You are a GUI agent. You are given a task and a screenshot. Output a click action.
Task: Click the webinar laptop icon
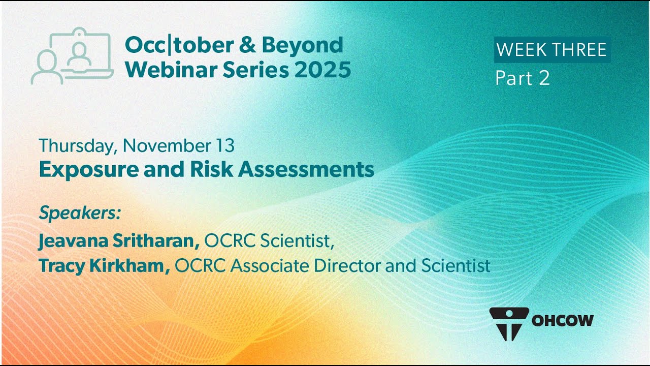point(72,56)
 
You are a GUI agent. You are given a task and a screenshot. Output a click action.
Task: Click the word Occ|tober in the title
point(179,45)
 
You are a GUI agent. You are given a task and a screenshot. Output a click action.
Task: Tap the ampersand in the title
point(247,45)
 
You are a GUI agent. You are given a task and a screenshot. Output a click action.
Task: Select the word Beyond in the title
point(303,45)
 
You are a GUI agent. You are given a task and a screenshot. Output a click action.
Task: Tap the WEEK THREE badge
point(552,50)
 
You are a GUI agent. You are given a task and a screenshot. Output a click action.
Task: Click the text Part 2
point(523,78)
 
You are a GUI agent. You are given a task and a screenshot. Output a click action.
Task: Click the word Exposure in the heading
point(89,170)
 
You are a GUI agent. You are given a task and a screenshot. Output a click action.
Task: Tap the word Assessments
point(306,169)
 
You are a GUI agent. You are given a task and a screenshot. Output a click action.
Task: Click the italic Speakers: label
point(80,213)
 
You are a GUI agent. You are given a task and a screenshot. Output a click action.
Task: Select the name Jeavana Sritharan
point(119,241)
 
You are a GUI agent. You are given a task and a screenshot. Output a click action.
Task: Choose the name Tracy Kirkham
point(105,266)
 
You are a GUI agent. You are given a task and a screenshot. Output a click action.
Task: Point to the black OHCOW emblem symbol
point(509,324)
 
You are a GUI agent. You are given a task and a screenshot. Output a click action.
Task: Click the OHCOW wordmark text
point(562,321)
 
